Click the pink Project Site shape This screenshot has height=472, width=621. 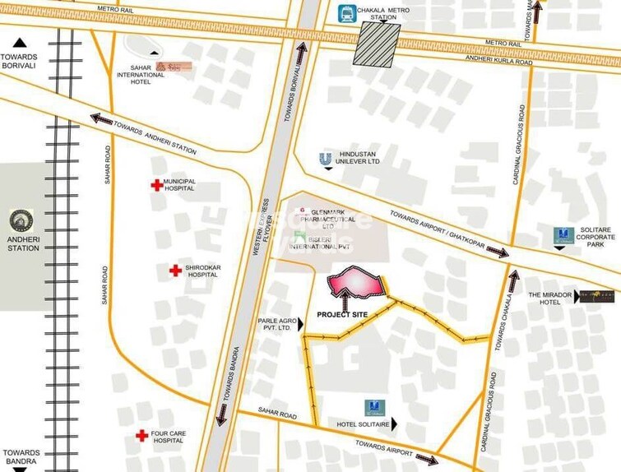(356, 282)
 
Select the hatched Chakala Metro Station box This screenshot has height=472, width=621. (377, 44)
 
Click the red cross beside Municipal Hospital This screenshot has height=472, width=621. (156, 185)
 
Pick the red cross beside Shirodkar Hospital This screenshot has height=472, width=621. (175, 271)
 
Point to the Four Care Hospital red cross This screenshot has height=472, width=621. (141, 435)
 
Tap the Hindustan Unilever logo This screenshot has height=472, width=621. (327, 158)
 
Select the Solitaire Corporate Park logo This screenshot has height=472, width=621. (563, 234)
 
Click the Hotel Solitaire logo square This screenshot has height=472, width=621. (374, 407)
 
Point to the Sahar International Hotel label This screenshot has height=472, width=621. (140, 75)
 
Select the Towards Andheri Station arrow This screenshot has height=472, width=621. (101, 119)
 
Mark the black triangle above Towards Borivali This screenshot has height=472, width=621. (20, 43)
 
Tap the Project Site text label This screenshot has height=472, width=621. (342, 314)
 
